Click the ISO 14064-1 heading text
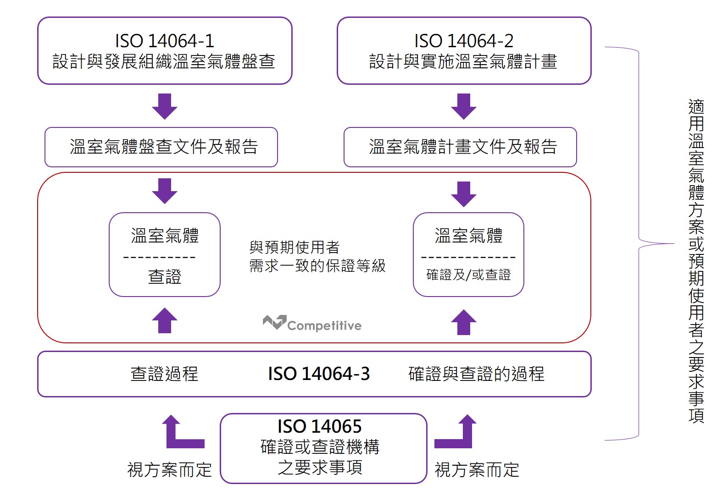164,41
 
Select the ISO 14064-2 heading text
463,41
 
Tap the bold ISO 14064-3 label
319,374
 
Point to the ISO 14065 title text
319,427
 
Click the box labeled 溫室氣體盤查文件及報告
161,147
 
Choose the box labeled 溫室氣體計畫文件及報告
460,147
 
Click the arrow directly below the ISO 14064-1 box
164,106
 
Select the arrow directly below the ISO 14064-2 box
463,106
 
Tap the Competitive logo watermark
312,324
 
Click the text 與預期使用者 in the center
294,248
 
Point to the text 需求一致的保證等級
317,266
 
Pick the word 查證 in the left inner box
165,277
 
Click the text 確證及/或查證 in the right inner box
468,275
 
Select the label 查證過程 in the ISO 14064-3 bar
164,374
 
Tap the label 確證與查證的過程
476,374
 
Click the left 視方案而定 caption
169,470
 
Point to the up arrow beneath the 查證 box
164,320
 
